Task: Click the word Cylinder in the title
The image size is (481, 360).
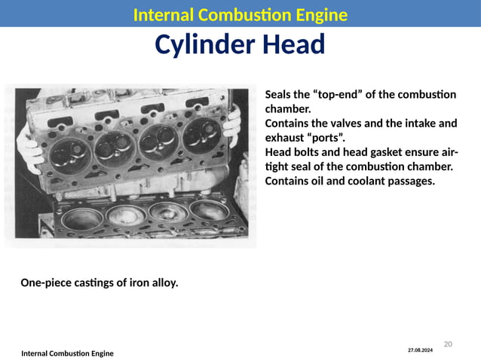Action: pyautogui.click(x=203, y=46)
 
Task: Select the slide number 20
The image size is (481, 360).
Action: pyautogui.click(x=447, y=344)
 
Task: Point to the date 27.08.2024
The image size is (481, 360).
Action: pyautogui.click(x=421, y=350)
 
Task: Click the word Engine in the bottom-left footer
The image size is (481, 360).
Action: pyautogui.click(x=98, y=353)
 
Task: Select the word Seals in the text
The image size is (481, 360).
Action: pyautogui.click(x=277, y=95)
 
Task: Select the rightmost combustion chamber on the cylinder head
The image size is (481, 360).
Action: pyautogui.click(x=202, y=133)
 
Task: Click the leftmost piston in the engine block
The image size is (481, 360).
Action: pyautogui.click(x=82, y=219)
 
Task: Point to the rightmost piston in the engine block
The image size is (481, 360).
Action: pyautogui.click(x=208, y=210)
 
